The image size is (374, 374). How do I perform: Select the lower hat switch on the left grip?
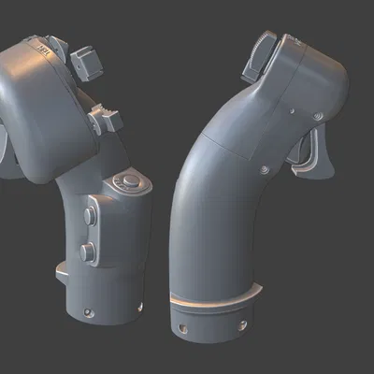point(105,119)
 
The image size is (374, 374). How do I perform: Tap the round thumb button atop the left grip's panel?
point(127,181)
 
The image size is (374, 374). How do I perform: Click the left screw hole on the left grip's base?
point(89,311)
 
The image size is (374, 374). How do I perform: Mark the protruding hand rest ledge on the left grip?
point(62,270)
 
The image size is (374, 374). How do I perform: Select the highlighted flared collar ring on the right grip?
point(215,300)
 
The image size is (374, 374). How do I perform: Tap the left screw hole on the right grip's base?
point(184,329)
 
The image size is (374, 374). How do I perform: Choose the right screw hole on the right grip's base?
point(245,324)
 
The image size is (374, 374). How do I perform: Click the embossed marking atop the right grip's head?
point(297,43)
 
